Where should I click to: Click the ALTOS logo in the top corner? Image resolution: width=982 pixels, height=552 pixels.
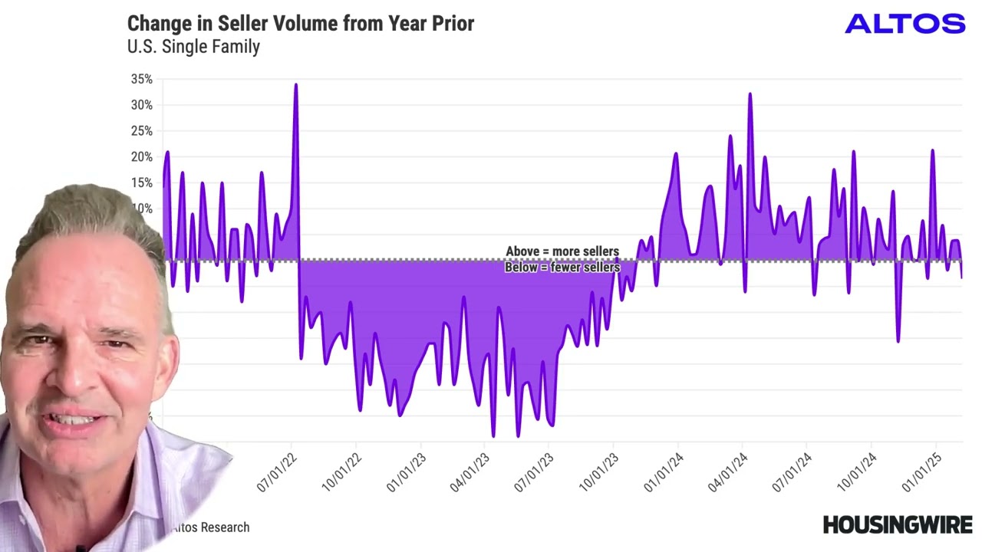tap(905, 24)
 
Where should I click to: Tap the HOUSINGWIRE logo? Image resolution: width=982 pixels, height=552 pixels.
tap(897, 525)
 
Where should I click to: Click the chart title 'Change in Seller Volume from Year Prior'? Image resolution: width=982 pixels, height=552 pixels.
tap(300, 23)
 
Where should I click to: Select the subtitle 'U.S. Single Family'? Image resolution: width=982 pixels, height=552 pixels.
tap(193, 47)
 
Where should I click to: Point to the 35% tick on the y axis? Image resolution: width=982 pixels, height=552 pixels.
tap(142, 79)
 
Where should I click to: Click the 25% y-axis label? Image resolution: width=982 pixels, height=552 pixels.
tap(142, 131)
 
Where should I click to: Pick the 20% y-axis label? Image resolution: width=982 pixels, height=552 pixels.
tap(142, 157)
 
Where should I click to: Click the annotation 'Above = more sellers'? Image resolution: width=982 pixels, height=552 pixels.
tap(562, 251)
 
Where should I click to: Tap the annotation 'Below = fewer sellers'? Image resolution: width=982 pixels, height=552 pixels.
tap(562, 268)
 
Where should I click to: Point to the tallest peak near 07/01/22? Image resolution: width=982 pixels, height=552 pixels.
tap(296, 85)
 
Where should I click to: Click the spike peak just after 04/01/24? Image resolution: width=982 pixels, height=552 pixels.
tap(750, 94)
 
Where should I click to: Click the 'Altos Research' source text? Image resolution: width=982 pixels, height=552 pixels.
tap(210, 527)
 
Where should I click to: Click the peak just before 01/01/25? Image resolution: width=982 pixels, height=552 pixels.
tap(932, 151)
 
